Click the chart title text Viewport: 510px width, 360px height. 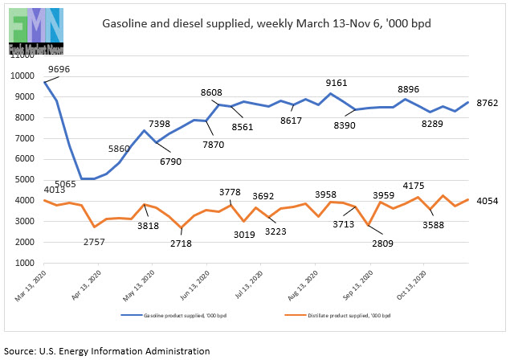click(x=266, y=23)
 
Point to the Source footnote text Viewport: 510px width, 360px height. click(x=107, y=351)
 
